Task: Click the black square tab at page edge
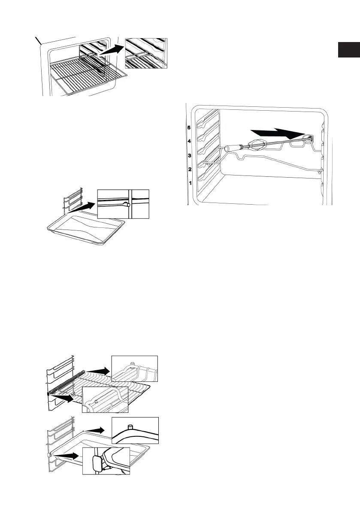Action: pyautogui.click(x=348, y=49)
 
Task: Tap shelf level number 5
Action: pyautogui.click(x=188, y=127)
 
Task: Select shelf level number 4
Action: pyautogui.click(x=188, y=141)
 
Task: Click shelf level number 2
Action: pyautogui.click(x=188, y=169)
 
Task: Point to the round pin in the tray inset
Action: pyautogui.click(x=128, y=206)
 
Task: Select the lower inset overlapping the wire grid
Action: pyautogui.click(x=105, y=400)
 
